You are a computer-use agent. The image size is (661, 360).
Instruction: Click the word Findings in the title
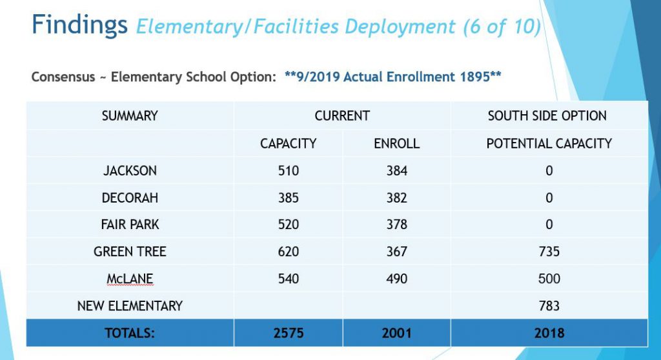(x=79, y=25)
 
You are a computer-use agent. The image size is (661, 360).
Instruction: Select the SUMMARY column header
(x=130, y=115)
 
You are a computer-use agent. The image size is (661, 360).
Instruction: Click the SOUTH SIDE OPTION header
(x=547, y=115)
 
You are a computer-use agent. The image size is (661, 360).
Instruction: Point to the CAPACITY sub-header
(x=289, y=143)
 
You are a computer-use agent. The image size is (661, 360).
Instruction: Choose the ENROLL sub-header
(x=397, y=143)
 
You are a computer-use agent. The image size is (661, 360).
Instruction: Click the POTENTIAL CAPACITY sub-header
(x=549, y=143)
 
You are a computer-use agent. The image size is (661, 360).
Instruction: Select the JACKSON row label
(x=130, y=170)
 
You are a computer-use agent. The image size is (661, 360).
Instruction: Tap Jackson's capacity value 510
(x=289, y=170)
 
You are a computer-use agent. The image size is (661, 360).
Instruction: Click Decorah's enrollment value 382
(x=397, y=197)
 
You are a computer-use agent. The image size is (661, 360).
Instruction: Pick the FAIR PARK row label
(x=130, y=225)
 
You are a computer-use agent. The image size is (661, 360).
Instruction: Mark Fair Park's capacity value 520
(x=289, y=225)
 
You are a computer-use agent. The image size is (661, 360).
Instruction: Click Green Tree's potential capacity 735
(x=549, y=251)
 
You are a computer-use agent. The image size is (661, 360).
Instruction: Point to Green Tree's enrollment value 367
(x=397, y=251)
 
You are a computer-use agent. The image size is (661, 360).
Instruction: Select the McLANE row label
(x=130, y=279)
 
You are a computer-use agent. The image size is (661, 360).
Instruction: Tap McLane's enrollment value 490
(x=397, y=279)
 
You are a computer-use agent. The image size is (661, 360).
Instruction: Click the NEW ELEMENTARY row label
(x=130, y=306)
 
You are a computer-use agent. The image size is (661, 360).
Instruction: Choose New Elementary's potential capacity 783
(x=549, y=306)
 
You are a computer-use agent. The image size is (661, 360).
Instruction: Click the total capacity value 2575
(x=289, y=333)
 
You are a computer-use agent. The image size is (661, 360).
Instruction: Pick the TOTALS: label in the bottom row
(x=130, y=333)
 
